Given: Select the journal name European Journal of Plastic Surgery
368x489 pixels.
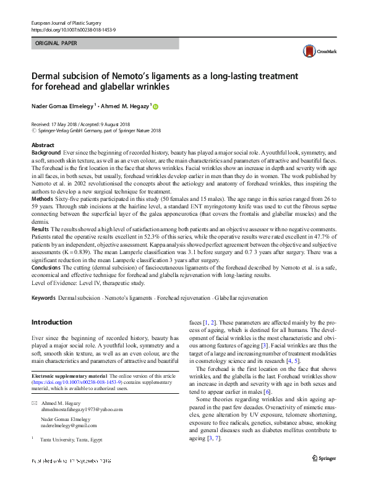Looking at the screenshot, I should pos(66,23).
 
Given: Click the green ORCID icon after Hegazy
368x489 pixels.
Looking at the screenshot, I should pos(155,107).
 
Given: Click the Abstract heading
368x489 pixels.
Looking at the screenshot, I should pos(43,145).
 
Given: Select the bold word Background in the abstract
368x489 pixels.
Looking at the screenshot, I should pos(46,151).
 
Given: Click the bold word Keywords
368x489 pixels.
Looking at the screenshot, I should pos(43,298).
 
